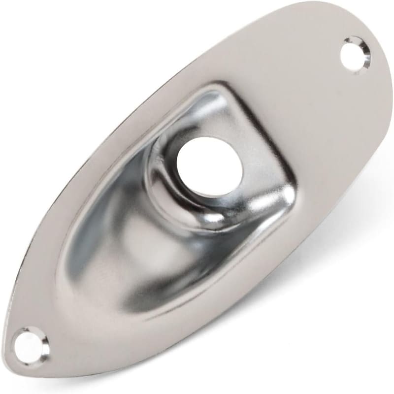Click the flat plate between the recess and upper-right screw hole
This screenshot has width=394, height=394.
(x=295, y=89)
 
